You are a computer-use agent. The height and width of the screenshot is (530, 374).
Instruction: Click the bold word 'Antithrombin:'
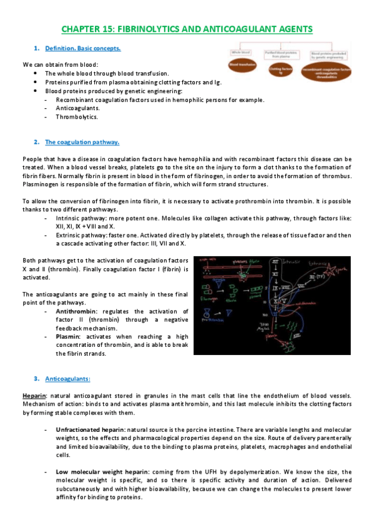(x=77, y=311)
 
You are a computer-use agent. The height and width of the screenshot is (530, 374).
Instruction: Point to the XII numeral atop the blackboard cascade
(x=275, y=260)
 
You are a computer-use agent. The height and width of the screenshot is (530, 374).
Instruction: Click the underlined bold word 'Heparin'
(x=32, y=396)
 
